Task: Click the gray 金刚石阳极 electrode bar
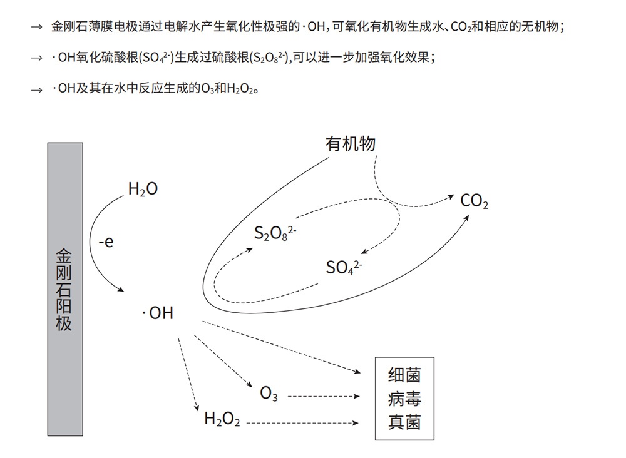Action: [65, 288]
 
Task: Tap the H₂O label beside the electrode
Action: [143, 188]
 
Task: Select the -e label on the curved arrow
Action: [106, 242]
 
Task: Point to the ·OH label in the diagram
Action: [158, 313]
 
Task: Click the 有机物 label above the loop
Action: [350, 144]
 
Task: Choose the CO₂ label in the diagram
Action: [474, 201]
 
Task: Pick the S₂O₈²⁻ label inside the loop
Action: [275, 233]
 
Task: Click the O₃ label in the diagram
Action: [269, 394]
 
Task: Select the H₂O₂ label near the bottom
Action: [222, 419]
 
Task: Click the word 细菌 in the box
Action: [404, 375]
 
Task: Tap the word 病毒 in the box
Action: [404, 399]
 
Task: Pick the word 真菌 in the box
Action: [404, 422]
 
